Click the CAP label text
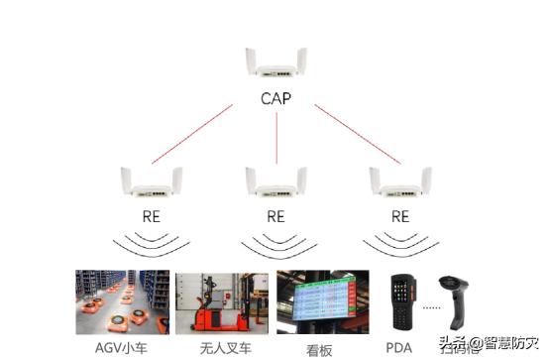[x=276, y=99]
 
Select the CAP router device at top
[x=276, y=65]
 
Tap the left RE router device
[x=152, y=183]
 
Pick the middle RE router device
[x=276, y=183]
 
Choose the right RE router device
[x=399, y=183]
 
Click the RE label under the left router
[x=152, y=215]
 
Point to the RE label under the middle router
[x=276, y=215]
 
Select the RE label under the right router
[x=399, y=215]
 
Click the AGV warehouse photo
[x=122, y=302]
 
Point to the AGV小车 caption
[x=123, y=347]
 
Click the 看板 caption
[x=322, y=349]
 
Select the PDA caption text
[x=399, y=347]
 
